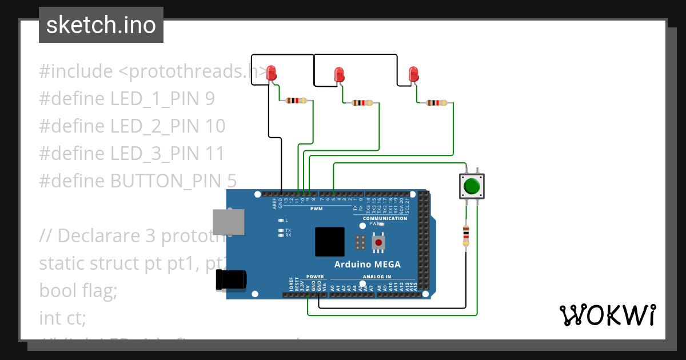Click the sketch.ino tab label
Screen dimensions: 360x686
coord(101,26)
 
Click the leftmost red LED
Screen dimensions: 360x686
coord(272,73)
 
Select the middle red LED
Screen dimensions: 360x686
coord(340,74)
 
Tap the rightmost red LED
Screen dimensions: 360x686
coord(413,74)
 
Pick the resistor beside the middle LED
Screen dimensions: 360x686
coord(362,103)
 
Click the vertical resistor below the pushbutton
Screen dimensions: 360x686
coord(466,237)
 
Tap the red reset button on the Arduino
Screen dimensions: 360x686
coord(378,243)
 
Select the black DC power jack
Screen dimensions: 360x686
coord(231,280)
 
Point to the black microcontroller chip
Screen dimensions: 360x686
coord(330,242)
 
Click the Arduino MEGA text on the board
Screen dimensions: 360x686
coord(367,264)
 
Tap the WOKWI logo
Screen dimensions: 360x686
coord(607,315)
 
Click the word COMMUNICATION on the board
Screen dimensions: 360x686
coord(385,218)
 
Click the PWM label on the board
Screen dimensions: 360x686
coord(316,209)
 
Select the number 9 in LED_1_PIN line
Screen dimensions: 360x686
coord(209,99)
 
